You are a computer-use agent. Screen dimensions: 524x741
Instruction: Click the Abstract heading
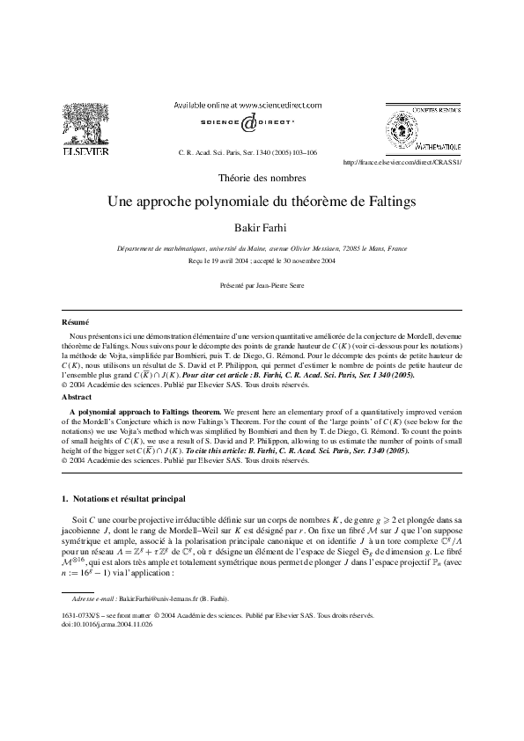tap(77, 397)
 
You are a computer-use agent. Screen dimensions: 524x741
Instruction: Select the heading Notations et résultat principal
tap(125, 499)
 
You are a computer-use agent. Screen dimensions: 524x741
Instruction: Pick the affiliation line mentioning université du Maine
tap(262, 249)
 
